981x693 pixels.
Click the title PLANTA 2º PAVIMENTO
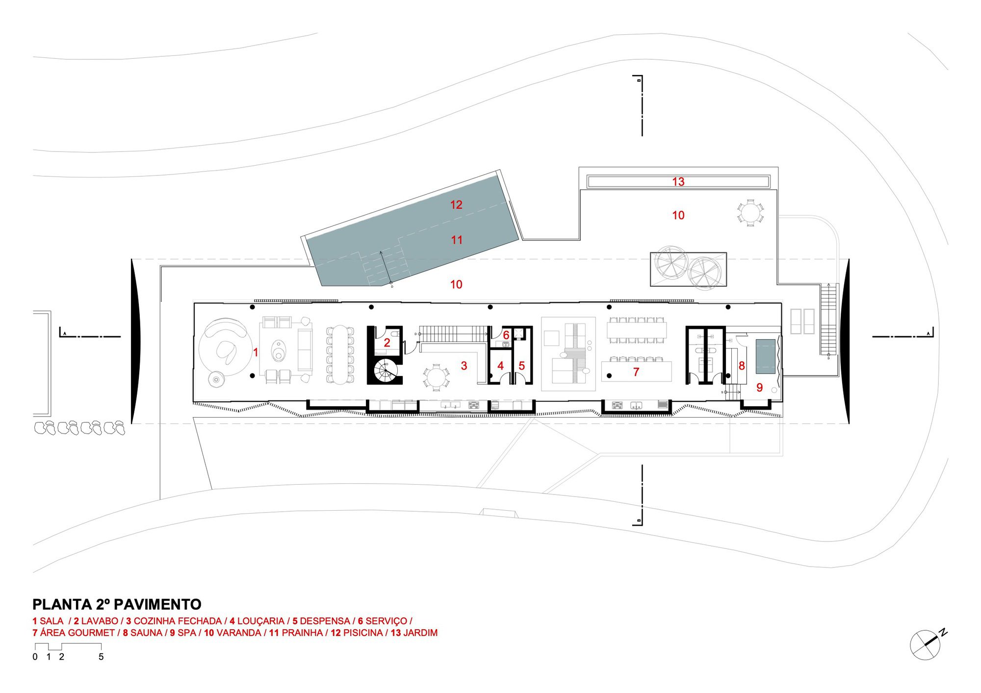(x=117, y=604)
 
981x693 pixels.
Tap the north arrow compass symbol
(x=926, y=645)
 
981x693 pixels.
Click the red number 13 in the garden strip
(x=678, y=182)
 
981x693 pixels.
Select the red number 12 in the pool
(x=456, y=205)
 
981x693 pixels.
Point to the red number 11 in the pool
(x=457, y=240)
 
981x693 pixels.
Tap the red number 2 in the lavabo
(x=387, y=343)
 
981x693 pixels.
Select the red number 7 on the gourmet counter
(x=636, y=372)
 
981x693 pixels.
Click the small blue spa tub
(x=765, y=356)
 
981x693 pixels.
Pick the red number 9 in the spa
(x=759, y=388)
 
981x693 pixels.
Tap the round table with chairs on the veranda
(x=750, y=213)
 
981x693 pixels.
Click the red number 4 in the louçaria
(x=500, y=366)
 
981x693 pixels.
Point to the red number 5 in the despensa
(x=521, y=366)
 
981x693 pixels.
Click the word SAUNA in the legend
(x=146, y=633)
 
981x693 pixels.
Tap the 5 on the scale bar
(x=101, y=657)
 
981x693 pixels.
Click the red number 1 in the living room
(x=256, y=352)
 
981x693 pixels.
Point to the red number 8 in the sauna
(x=741, y=366)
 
